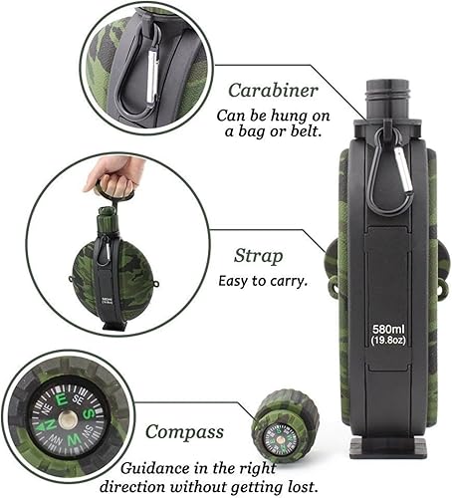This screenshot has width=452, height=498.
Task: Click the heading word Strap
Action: pos(257,255)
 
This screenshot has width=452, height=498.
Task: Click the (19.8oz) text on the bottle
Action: pos(389,340)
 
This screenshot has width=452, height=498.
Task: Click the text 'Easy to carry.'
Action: pos(263,280)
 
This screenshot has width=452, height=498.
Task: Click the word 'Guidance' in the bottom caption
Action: pos(155,465)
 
